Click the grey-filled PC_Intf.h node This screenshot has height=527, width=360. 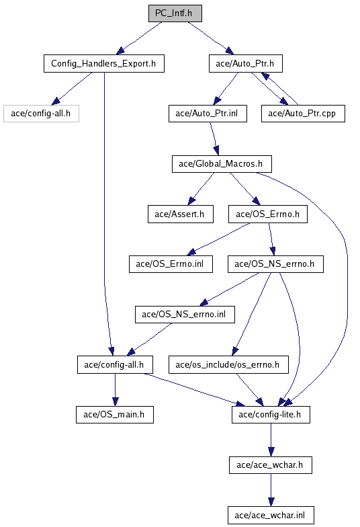pos(175,13)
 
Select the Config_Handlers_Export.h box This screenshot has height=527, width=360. pos(103,63)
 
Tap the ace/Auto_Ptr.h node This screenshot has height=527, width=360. pos(246,63)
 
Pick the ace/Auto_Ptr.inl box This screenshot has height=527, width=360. pos(208,114)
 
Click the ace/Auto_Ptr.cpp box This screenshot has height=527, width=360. pos(303,114)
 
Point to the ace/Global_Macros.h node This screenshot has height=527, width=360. pos(222,164)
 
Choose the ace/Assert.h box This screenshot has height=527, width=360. pos(180,214)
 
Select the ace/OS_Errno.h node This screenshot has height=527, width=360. pos(267,214)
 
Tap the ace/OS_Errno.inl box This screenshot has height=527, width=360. pos(171,264)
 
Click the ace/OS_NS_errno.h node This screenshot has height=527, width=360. pos(275,264)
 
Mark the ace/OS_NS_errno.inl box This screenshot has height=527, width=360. pos(185,315)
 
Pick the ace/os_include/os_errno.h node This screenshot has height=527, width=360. pos(228,364)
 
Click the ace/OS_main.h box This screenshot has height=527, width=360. pos(114,415)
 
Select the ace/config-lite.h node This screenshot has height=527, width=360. pos(271,415)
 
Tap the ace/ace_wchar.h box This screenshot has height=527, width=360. pos(270,465)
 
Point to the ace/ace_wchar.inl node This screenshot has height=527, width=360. pos(271,515)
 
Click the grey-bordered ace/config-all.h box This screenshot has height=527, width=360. pos(41,114)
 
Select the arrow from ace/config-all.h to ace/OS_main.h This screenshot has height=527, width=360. pos(116,390)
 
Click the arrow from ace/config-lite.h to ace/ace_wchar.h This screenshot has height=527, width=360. pos(271,440)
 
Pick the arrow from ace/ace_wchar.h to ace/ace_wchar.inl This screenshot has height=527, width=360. pos(271,490)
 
